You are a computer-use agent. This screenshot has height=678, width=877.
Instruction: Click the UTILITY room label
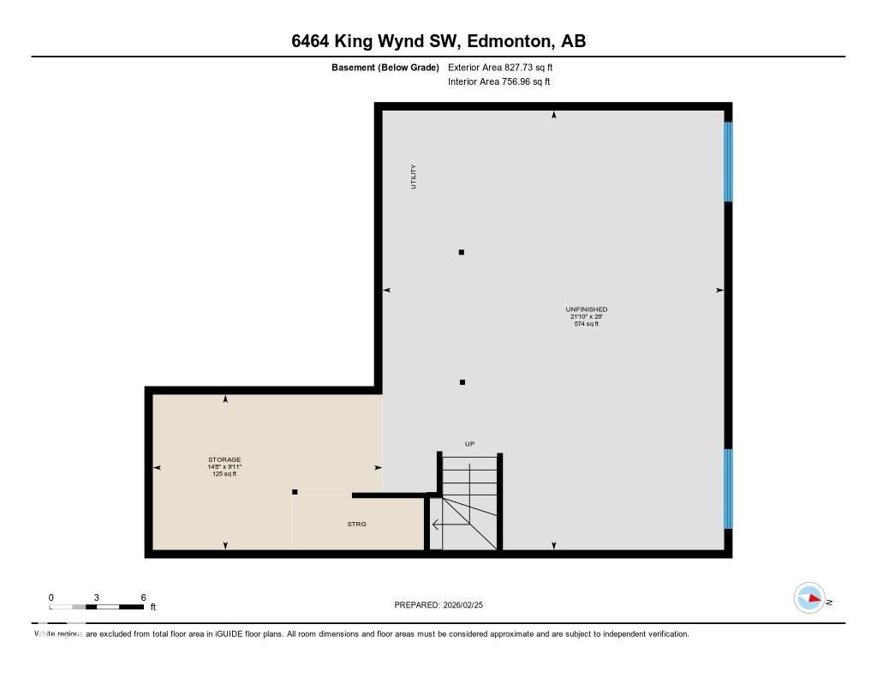[x=414, y=177]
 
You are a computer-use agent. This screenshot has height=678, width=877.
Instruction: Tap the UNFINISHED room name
[x=587, y=309]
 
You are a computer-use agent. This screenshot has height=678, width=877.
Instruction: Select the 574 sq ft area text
[x=587, y=324]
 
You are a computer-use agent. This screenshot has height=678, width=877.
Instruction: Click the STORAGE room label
[x=224, y=459]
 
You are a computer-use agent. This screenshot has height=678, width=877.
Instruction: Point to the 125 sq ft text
[x=224, y=474]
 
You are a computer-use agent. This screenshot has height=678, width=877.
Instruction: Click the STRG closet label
[x=357, y=524]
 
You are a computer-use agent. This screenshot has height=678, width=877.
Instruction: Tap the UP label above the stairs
[x=469, y=444]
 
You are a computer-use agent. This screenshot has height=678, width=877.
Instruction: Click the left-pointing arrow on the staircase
[x=437, y=525]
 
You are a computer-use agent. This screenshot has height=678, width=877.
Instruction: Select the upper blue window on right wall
[x=728, y=161]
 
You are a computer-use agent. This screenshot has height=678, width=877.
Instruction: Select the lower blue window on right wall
[x=728, y=489]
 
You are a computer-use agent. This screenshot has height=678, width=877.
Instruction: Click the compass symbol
[x=809, y=598]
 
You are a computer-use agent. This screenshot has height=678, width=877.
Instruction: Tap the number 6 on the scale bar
[x=143, y=597]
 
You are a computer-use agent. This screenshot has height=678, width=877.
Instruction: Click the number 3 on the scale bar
[x=97, y=597]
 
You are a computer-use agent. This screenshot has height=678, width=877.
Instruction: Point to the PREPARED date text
[x=444, y=605]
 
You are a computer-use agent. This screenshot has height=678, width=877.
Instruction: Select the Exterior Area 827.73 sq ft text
[x=506, y=67]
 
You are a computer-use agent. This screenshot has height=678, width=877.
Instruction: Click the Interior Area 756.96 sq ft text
[x=498, y=82]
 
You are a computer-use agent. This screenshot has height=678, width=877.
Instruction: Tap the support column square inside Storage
[x=295, y=492]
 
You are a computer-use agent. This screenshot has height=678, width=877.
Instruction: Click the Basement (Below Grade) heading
[x=385, y=67]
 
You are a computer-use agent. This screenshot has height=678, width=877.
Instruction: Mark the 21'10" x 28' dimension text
[x=587, y=316]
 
